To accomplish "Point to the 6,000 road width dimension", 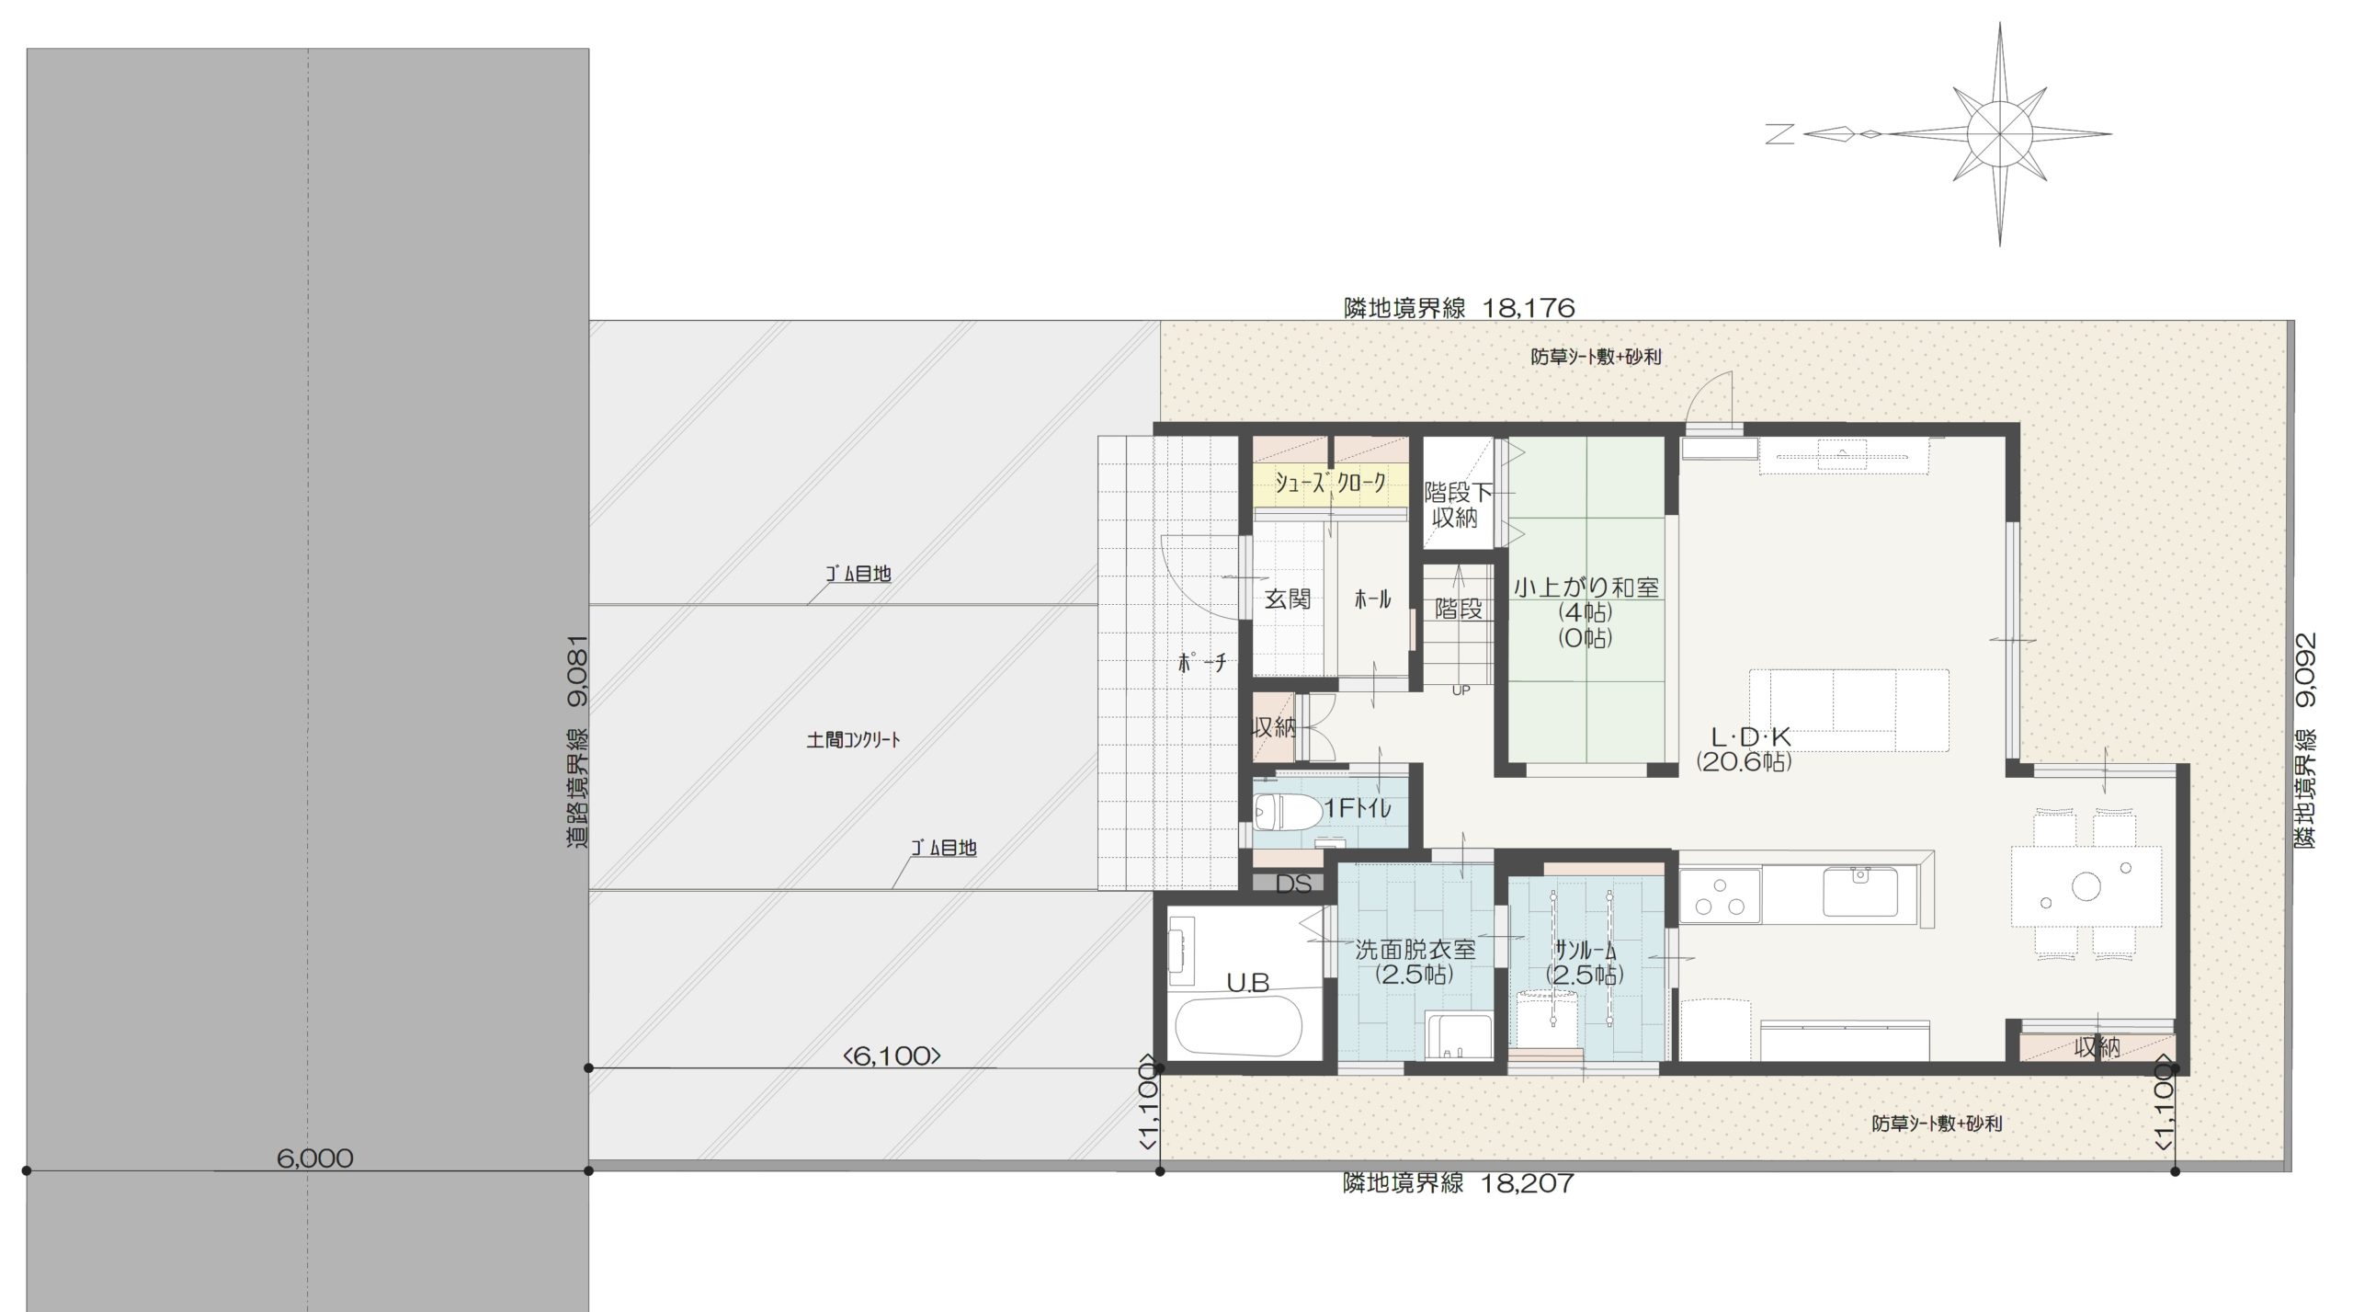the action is pos(314,1158).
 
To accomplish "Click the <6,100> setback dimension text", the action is pos(892,1056).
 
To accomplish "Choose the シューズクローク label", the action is pos(1330,484).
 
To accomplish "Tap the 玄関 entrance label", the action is pos(1287,599).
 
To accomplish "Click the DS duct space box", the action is pos(1293,884).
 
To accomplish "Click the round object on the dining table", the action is pos(2086,886).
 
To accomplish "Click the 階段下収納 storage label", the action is pos(1458,506).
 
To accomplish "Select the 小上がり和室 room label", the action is pos(1586,588).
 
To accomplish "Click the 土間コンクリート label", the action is pos(853,739).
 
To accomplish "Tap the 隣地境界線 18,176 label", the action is pos(1460,307).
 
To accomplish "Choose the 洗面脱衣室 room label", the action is pos(1415,949).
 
